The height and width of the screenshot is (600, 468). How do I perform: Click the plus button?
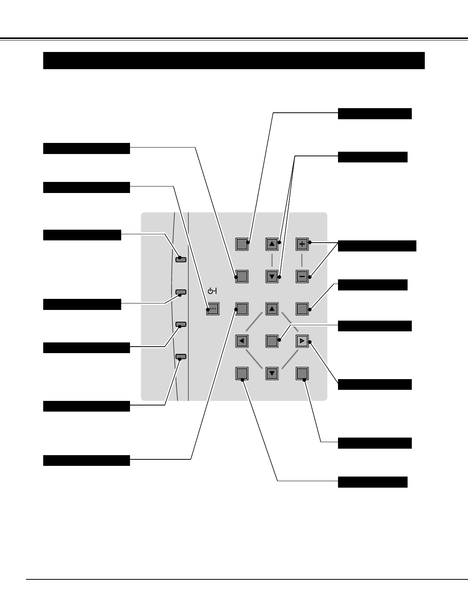click(302, 244)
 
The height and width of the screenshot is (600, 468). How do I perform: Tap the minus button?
click(302, 276)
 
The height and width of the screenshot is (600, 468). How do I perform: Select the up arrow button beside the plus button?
click(272, 244)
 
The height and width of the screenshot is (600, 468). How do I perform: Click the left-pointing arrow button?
click(242, 341)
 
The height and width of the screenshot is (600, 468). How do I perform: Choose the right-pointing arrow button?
click(302, 341)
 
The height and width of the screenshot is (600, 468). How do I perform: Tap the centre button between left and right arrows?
click(272, 341)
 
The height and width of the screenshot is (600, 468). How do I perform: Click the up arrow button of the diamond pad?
click(272, 309)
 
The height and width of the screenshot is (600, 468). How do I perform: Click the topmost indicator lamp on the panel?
click(181, 259)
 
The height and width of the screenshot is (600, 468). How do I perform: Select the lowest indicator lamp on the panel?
click(181, 357)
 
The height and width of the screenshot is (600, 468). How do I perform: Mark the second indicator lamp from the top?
click(181, 292)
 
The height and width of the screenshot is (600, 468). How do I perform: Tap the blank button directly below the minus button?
click(302, 309)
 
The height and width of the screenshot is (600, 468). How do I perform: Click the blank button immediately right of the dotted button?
click(242, 309)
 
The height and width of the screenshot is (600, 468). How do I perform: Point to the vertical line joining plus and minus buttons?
click(302, 260)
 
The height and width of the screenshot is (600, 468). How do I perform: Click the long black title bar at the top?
click(234, 60)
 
